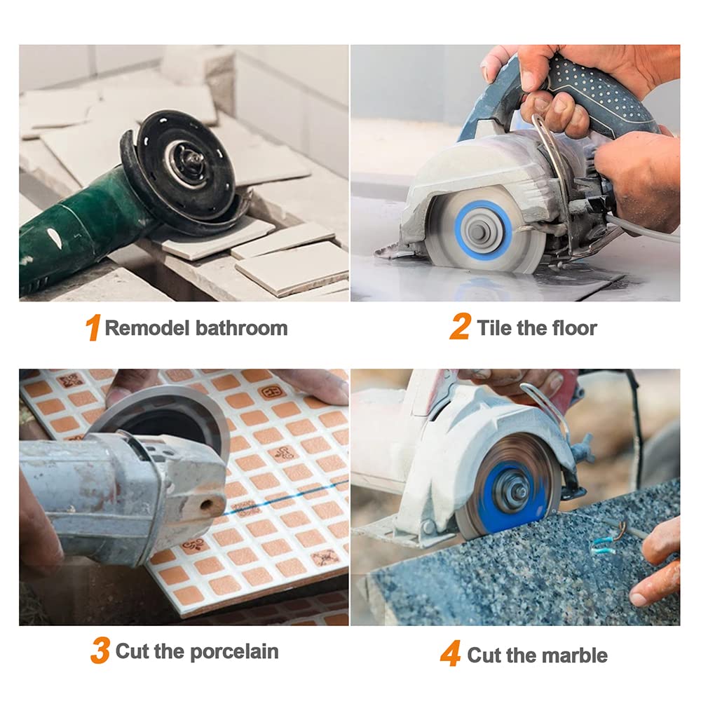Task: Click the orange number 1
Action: click(x=93, y=327)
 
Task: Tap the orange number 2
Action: click(x=460, y=327)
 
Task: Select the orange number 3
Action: click(x=100, y=651)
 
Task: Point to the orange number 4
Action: click(x=451, y=653)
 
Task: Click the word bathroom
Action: click(x=241, y=327)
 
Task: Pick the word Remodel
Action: click(x=147, y=327)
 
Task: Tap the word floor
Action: click(x=575, y=327)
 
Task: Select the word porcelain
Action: click(x=234, y=651)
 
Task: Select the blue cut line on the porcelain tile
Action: click(x=286, y=497)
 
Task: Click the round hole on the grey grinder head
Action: click(x=206, y=505)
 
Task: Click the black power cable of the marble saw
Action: click(x=638, y=425)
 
